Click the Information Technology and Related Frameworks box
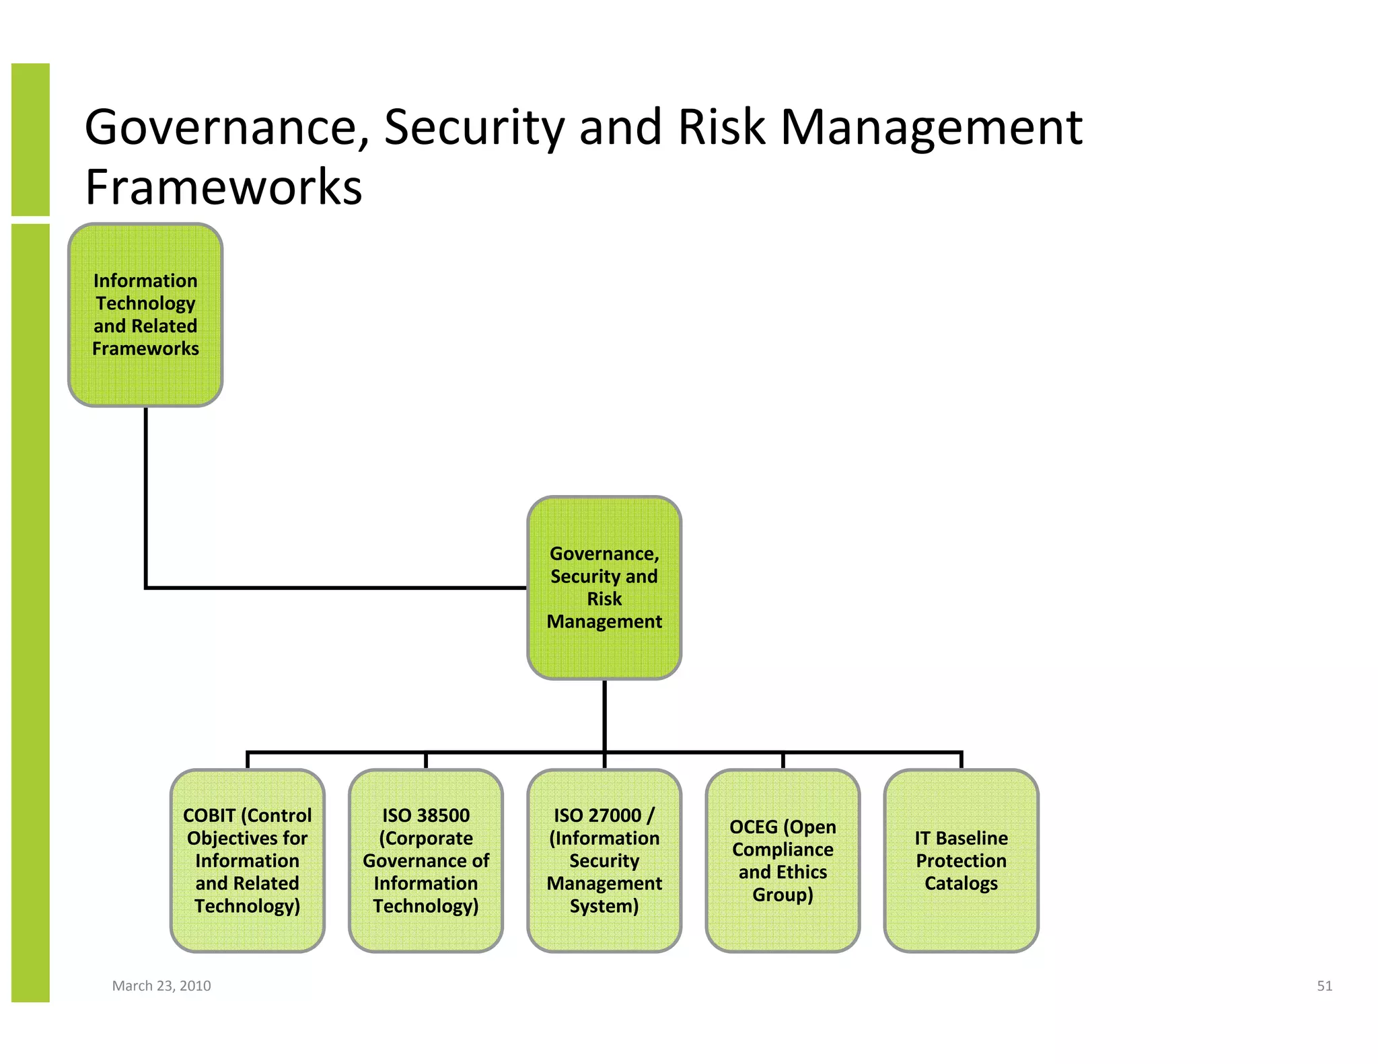point(145,315)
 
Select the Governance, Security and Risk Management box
point(604,588)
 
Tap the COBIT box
point(247,860)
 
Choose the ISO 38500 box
point(426,860)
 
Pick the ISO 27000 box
point(604,860)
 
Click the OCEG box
point(783,860)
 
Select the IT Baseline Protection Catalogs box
point(961,860)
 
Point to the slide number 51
point(1324,985)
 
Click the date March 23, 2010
point(161,985)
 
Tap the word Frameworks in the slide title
point(223,187)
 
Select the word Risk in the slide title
point(721,128)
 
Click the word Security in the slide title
point(473,128)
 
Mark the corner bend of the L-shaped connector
point(146,587)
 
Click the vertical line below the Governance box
point(604,714)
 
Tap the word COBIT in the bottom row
point(209,815)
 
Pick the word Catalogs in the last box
point(961,883)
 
